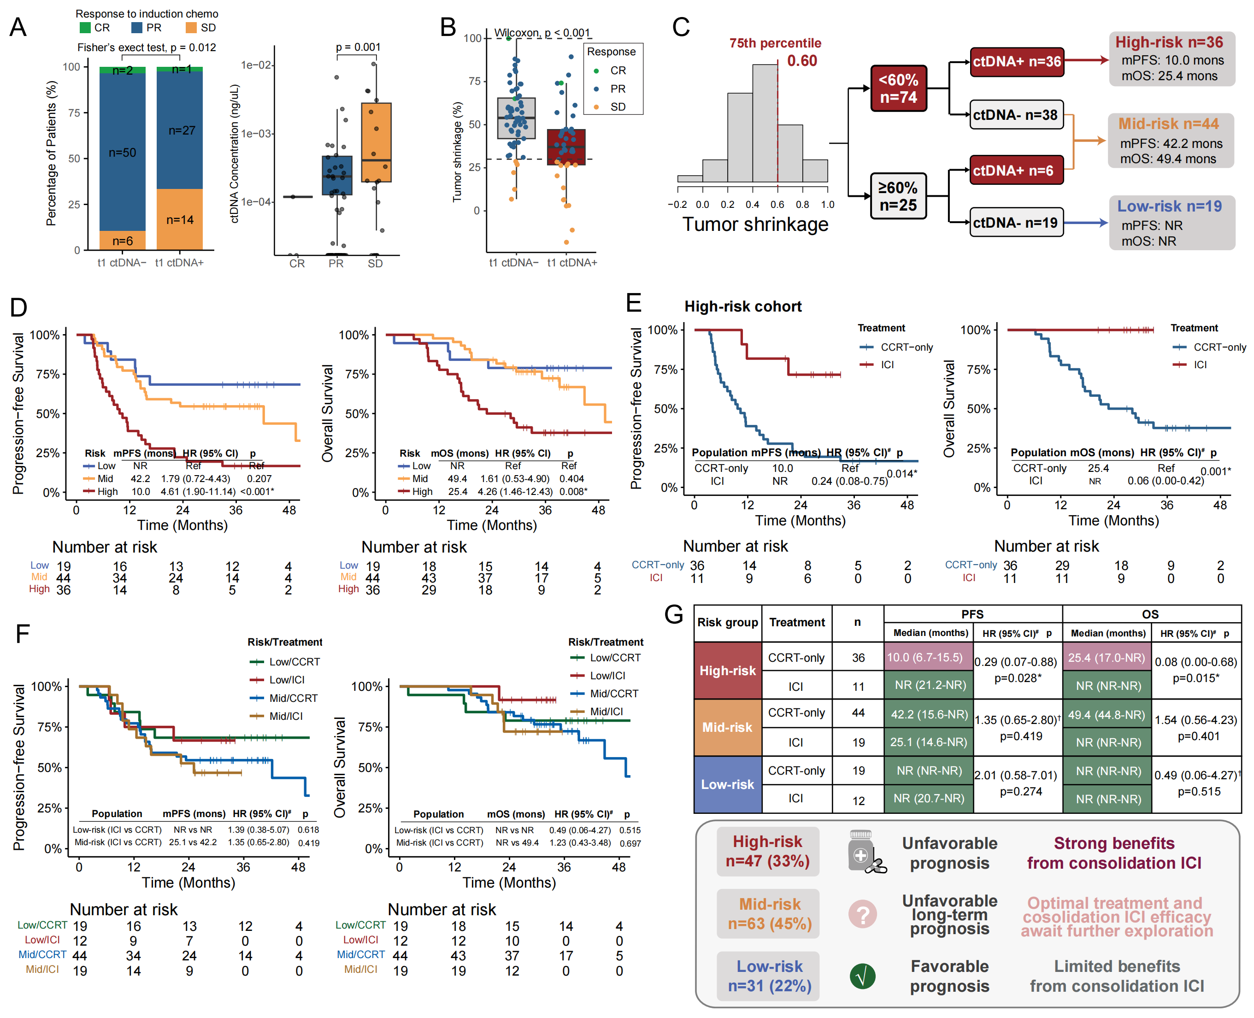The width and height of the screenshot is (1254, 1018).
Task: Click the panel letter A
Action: (18, 27)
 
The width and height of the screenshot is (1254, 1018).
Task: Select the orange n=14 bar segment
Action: (179, 219)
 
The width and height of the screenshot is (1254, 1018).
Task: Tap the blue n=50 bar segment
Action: (122, 152)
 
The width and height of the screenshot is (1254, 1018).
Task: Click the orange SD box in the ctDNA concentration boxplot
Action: (376, 142)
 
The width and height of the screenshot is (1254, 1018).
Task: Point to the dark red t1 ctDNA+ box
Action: (566, 147)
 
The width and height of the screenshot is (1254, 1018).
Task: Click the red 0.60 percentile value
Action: (802, 61)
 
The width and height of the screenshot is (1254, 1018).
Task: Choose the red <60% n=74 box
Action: (898, 88)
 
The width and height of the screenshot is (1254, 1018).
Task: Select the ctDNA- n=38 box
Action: (1015, 115)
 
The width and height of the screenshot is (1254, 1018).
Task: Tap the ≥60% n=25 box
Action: (898, 196)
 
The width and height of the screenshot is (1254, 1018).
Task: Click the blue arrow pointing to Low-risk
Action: (1085, 223)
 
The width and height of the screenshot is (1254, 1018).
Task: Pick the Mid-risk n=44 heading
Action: (1168, 124)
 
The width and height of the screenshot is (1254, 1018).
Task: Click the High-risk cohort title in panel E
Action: (742, 306)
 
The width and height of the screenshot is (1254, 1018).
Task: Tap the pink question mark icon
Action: (862, 914)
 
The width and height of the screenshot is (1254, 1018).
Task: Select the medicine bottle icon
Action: (863, 852)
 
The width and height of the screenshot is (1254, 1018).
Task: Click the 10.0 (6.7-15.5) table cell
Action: (928, 657)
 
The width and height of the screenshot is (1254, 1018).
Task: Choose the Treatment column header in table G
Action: (796, 622)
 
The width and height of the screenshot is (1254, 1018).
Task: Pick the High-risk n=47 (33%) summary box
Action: (767, 852)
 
